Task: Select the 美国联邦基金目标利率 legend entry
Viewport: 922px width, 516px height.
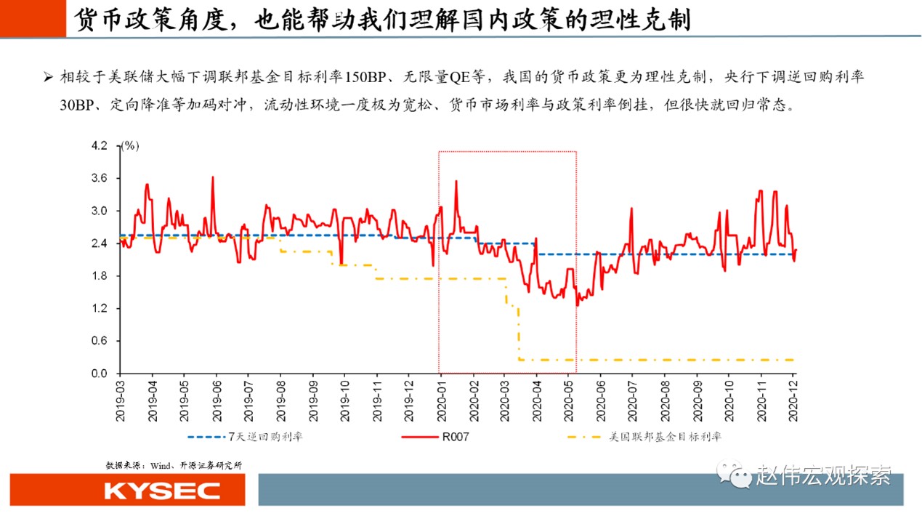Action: pyautogui.click(x=665, y=437)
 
